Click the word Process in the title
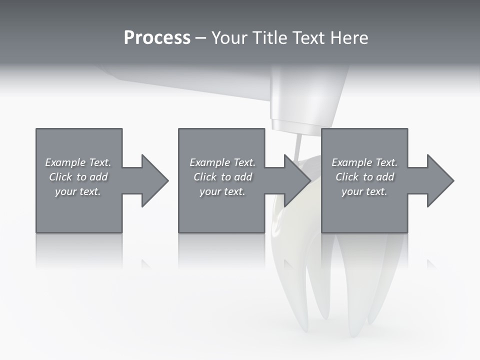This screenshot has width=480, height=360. pyautogui.click(x=157, y=38)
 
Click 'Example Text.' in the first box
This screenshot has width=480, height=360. pyautogui.click(x=78, y=162)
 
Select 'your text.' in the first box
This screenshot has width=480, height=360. pyautogui.click(x=78, y=191)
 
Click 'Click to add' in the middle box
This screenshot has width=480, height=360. pyautogui.click(x=222, y=177)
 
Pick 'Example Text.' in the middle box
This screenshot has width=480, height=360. pyautogui.click(x=222, y=162)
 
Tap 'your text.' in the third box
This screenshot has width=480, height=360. pyautogui.click(x=364, y=191)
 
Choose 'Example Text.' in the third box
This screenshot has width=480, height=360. pyautogui.click(x=364, y=162)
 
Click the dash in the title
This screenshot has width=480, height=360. pyautogui.click(x=200, y=38)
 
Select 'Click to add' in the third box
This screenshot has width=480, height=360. pyautogui.click(x=364, y=177)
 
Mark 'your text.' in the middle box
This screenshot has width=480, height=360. pyautogui.click(x=222, y=191)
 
